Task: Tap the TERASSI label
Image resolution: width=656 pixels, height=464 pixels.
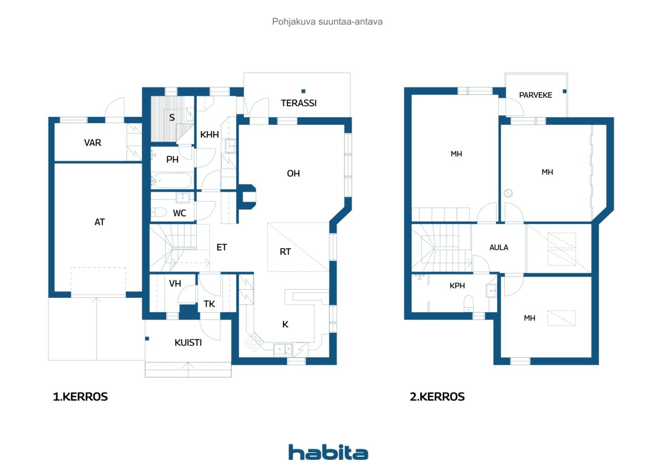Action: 299,103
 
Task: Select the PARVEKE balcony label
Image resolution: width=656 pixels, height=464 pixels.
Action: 536,95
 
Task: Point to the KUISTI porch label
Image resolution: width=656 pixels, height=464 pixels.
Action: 188,342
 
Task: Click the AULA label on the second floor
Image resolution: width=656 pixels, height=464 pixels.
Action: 499,248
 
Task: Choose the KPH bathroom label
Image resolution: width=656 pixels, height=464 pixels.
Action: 457,286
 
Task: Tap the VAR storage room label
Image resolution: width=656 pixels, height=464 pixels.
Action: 93,143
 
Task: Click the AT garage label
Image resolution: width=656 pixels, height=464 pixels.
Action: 99,222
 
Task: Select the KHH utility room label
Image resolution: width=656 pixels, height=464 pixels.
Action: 210,134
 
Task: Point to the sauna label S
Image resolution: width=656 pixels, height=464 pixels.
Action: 172,117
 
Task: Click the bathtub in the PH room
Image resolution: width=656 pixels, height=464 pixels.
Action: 172,181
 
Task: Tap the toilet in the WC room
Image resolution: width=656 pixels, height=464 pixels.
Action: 159,212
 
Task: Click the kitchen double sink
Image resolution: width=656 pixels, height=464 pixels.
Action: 283,349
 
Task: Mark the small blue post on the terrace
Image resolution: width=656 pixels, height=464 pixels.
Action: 303,91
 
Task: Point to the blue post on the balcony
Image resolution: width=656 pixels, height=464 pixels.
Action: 565,91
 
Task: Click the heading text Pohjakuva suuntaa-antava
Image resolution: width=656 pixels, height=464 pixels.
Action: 327,22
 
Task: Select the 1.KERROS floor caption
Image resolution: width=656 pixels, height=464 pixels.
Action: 80,397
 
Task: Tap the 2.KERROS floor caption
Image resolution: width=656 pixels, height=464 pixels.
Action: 437,397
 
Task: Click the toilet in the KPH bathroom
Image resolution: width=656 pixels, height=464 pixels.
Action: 468,303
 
